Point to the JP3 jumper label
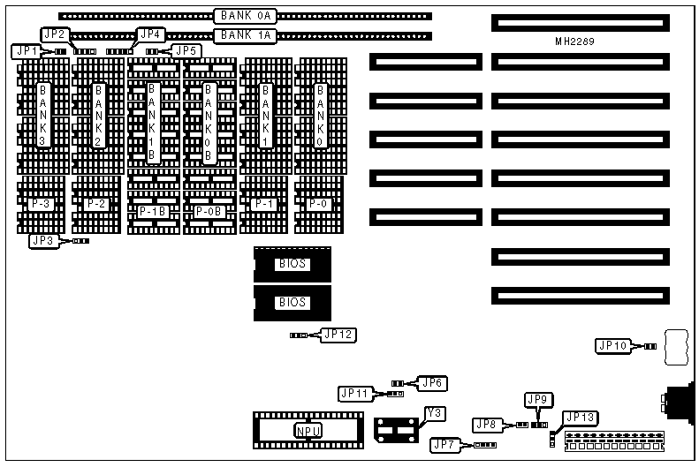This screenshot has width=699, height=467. point(42,240)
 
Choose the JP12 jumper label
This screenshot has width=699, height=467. point(339,335)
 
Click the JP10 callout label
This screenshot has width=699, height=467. point(613,346)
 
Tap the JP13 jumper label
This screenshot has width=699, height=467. point(581,418)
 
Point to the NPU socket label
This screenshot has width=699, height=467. point(307,431)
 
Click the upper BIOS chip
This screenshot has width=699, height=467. point(293,264)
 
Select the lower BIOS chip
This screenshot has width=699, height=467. point(293,302)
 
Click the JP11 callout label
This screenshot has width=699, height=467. point(355,394)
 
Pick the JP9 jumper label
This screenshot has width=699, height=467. point(537,399)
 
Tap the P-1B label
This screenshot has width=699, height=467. point(153,212)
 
